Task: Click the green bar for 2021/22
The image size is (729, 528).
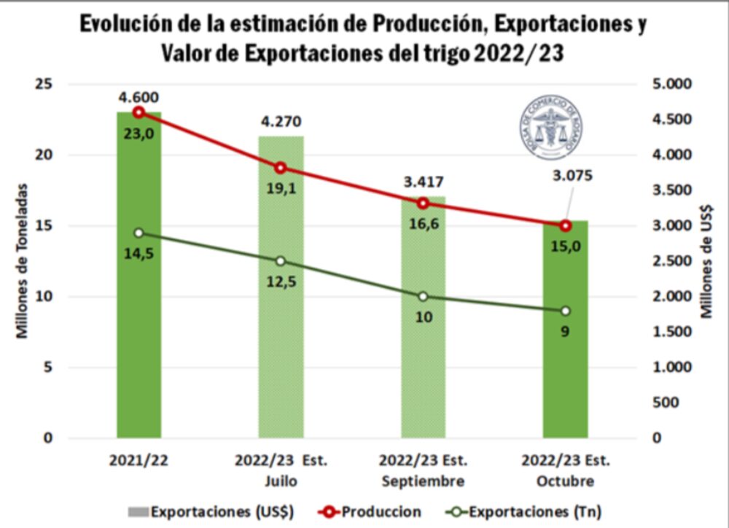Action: (x=139, y=328)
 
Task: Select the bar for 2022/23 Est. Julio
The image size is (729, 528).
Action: (x=281, y=328)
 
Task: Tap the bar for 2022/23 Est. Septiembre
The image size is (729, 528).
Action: (x=423, y=343)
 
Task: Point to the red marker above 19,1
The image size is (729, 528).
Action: (x=281, y=168)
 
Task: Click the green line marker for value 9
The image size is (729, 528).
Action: (x=565, y=311)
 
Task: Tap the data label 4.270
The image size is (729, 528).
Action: (x=281, y=121)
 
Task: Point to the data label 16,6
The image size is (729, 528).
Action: (x=423, y=223)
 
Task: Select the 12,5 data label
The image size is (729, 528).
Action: (x=281, y=282)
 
